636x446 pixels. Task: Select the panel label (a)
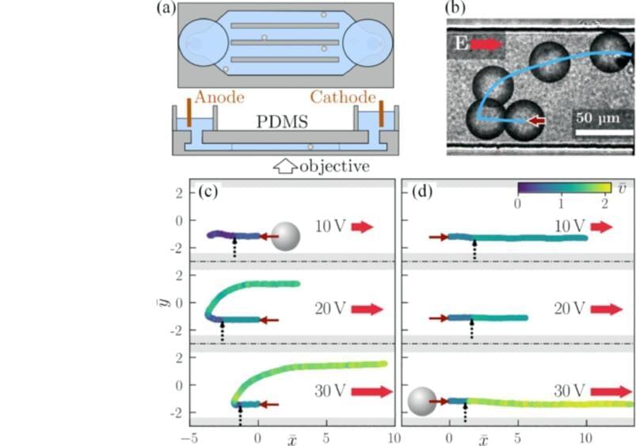click(x=166, y=9)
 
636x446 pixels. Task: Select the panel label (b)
click(x=456, y=9)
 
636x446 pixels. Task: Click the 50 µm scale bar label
click(x=595, y=118)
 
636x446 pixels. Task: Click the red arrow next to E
click(x=486, y=44)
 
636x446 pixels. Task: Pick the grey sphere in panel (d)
click(x=421, y=402)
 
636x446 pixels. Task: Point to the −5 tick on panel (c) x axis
click(x=189, y=437)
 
